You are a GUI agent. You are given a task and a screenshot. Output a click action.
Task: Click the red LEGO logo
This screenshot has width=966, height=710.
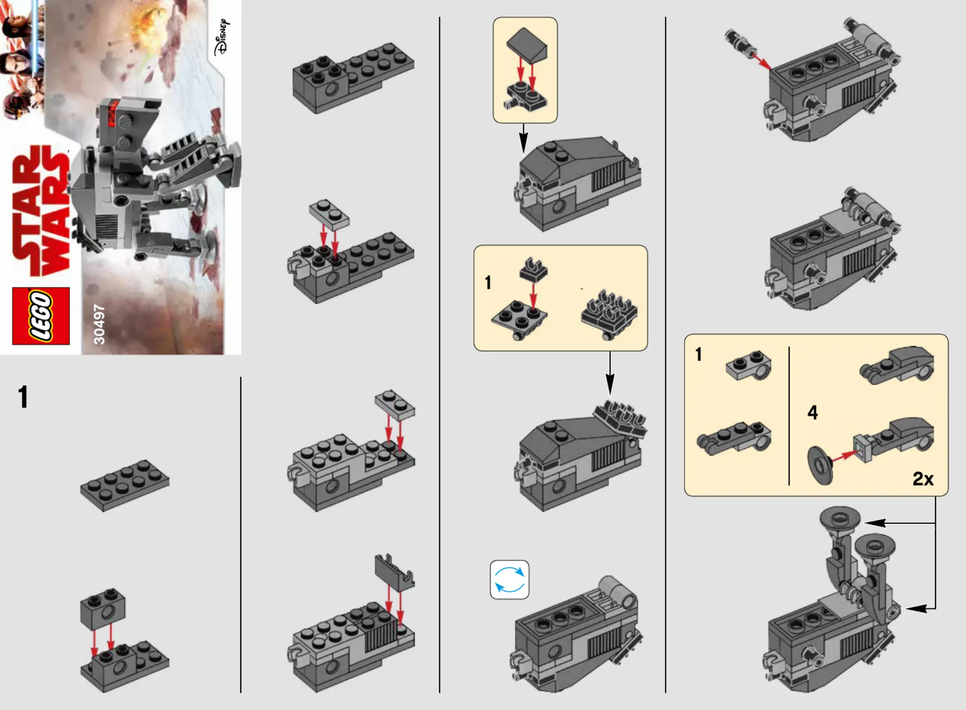pyautogui.click(x=41, y=316)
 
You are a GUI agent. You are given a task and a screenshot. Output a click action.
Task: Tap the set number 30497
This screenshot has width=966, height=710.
pyautogui.click(x=99, y=324)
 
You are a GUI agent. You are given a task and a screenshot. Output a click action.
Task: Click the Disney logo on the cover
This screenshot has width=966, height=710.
pyautogui.click(x=222, y=37)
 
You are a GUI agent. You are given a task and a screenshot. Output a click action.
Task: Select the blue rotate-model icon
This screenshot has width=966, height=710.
pyautogui.click(x=509, y=579)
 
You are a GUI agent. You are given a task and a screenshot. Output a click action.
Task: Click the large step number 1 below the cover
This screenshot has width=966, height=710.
pyautogui.click(x=23, y=397)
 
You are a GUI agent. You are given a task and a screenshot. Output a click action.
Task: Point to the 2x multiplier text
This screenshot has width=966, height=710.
pyautogui.click(x=923, y=479)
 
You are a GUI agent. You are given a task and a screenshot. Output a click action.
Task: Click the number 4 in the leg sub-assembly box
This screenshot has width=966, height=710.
pyautogui.click(x=813, y=412)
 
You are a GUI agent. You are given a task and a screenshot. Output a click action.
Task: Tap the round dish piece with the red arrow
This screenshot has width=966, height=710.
pyautogui.click(x=820, y=465)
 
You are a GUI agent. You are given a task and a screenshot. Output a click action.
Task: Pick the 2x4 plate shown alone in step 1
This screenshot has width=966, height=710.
pyautogui.click(x=125, y=485)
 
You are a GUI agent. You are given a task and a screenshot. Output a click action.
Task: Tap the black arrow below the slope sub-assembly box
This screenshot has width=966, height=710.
pyautogui.click(x=523, y=138)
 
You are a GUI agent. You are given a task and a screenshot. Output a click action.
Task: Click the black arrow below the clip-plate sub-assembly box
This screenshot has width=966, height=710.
pyautogui.click(x=610, y=373)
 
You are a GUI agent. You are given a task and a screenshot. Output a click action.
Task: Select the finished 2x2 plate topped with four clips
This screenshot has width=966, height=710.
pyautogui.click(x=609, y=315)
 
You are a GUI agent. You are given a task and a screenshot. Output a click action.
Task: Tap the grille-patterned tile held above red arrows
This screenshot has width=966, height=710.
pyautogui.click(x=394, y=572)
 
